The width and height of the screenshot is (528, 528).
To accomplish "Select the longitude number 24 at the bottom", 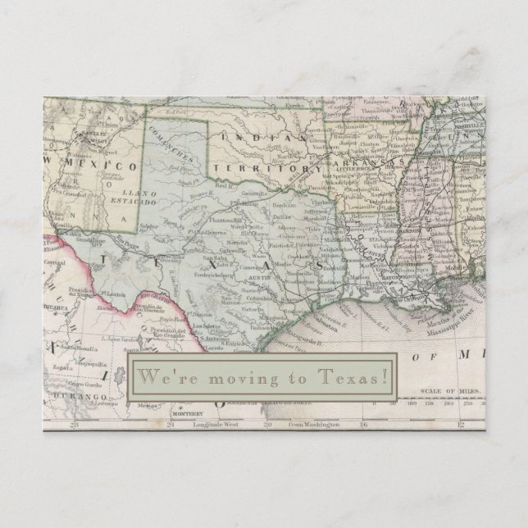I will (171, 425).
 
